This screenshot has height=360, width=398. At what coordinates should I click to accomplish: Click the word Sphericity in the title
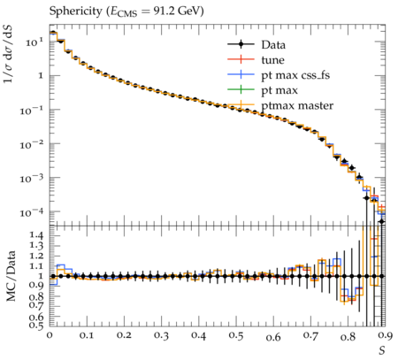[75, 11]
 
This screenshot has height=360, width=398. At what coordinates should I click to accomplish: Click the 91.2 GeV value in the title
[179, 11]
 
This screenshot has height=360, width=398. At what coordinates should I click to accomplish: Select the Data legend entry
[256, 45]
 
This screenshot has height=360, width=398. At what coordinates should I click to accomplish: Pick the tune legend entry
[256, 60]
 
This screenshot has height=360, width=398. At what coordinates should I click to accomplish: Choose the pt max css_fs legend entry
[279, 75]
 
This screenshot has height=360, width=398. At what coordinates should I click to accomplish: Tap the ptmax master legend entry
[280, 105]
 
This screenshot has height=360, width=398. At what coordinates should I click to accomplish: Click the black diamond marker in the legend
[241, 45]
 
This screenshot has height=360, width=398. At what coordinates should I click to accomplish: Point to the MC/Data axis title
[11, 276]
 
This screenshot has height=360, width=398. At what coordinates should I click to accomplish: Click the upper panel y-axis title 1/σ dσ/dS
[8, 54]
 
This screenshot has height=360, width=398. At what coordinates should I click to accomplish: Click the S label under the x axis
[382, 350]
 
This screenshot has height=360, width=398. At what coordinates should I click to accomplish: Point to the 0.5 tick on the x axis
[236, 336]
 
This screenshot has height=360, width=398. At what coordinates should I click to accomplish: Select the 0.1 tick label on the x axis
[87, 336]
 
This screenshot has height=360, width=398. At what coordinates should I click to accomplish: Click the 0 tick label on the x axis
[50, 336]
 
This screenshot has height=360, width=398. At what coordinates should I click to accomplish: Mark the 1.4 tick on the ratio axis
[36, 235]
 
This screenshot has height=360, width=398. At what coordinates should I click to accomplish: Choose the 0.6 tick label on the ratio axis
[36, 317]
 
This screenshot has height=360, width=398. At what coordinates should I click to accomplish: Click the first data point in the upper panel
[53, 33]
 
